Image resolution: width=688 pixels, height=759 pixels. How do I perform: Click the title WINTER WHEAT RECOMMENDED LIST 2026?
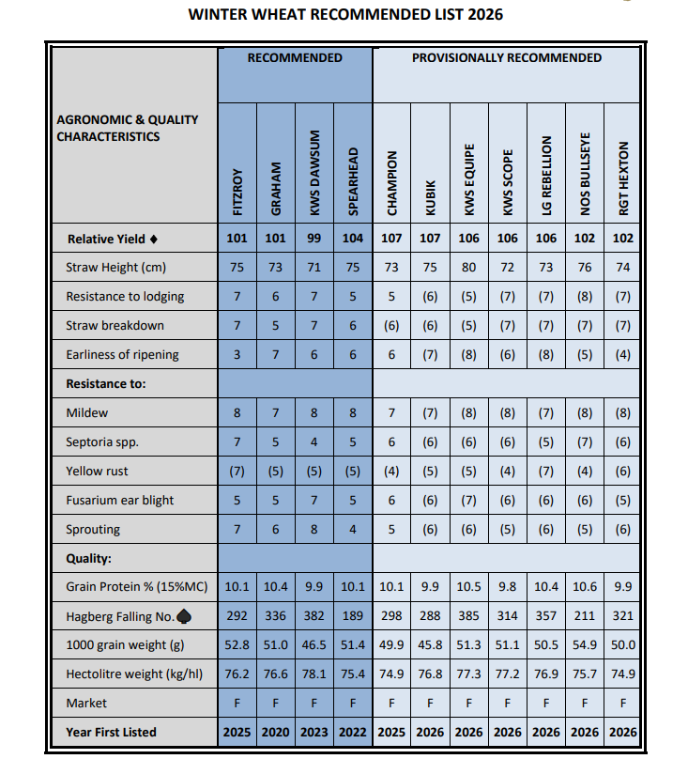pyautogui.click(x=344, y=15)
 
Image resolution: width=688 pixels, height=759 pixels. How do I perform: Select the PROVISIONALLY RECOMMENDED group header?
pyautogui.click(x=507, y=58)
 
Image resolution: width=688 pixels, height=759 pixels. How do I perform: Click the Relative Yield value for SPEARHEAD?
pyautogui.click(x=353, y=239)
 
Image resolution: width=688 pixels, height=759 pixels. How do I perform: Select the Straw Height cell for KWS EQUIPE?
pyautogui.click(x=468, y=268)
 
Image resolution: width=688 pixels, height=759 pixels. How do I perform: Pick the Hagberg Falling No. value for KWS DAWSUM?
pyautogui.click(x=314, y=616)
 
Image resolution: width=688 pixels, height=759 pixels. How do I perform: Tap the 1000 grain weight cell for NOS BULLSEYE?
pyautogui.click(x=584, y=645)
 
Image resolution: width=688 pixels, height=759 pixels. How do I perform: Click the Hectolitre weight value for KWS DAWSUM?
pyautogui.click(x=314, y=674)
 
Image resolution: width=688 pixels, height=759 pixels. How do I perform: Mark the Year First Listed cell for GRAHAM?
pyautogui.click(x=276, y=733)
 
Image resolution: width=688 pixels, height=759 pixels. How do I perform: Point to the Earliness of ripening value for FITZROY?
pyautogui.click(x=237, y=355)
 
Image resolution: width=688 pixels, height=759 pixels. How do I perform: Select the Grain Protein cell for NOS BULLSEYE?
pyautogui.click(x=584, y=587)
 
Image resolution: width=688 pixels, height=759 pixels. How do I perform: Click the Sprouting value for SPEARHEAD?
pyautogui.click(x=353, y=529)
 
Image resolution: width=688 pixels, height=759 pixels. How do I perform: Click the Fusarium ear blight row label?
pyautogui.click(x=119, y=500)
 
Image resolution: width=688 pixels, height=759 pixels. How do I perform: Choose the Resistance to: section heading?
pyautogui.click(x=105, y=384)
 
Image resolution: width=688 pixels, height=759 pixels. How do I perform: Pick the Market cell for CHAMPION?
pyautogui.click(x=391, y=704)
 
